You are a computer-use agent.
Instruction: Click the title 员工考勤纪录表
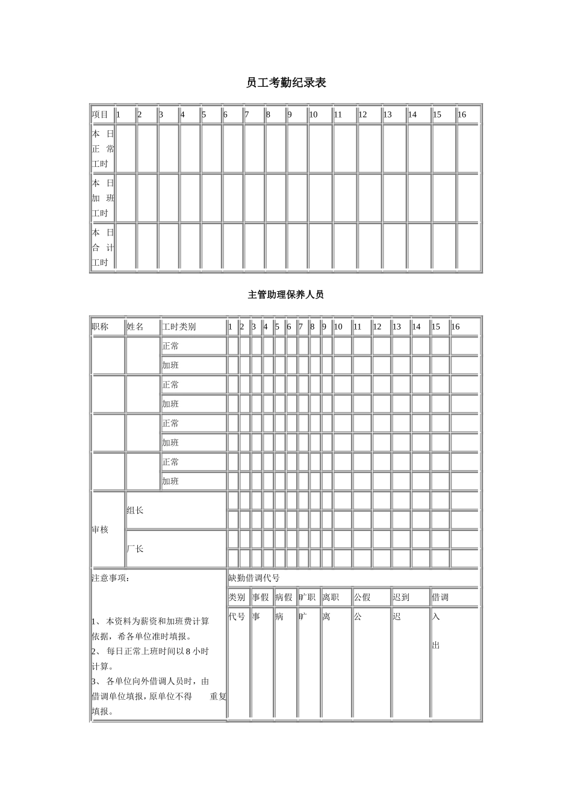pos(286,83)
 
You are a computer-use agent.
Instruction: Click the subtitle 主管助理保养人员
pos(286,295)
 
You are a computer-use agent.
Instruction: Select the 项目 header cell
pos(101,115)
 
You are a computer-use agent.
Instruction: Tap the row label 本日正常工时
pos(103,149)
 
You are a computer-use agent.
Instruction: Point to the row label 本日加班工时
pos(103,198)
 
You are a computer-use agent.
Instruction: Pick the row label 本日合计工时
pos(103,248)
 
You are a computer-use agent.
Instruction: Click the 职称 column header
pos(101,327)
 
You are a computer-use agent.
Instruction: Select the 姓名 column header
pos(135,327)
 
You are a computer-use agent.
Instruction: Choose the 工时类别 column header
pos(179,327)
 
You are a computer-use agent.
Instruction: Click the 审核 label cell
pos(101,530)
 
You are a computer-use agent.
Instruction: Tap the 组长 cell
pos(135,510)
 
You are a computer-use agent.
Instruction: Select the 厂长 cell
pos(135,549)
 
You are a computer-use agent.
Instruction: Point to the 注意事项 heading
pos(111,578)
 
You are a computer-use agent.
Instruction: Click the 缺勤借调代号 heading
pos(254,578)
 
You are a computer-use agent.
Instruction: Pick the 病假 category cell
pos(284,597)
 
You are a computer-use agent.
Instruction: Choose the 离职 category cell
pos(331,597)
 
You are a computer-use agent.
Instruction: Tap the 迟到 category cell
pos(401,597)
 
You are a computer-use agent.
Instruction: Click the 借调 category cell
pos(440,597)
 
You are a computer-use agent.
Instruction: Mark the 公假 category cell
pos(362,597)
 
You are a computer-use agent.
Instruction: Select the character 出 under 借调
pos(436,645)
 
